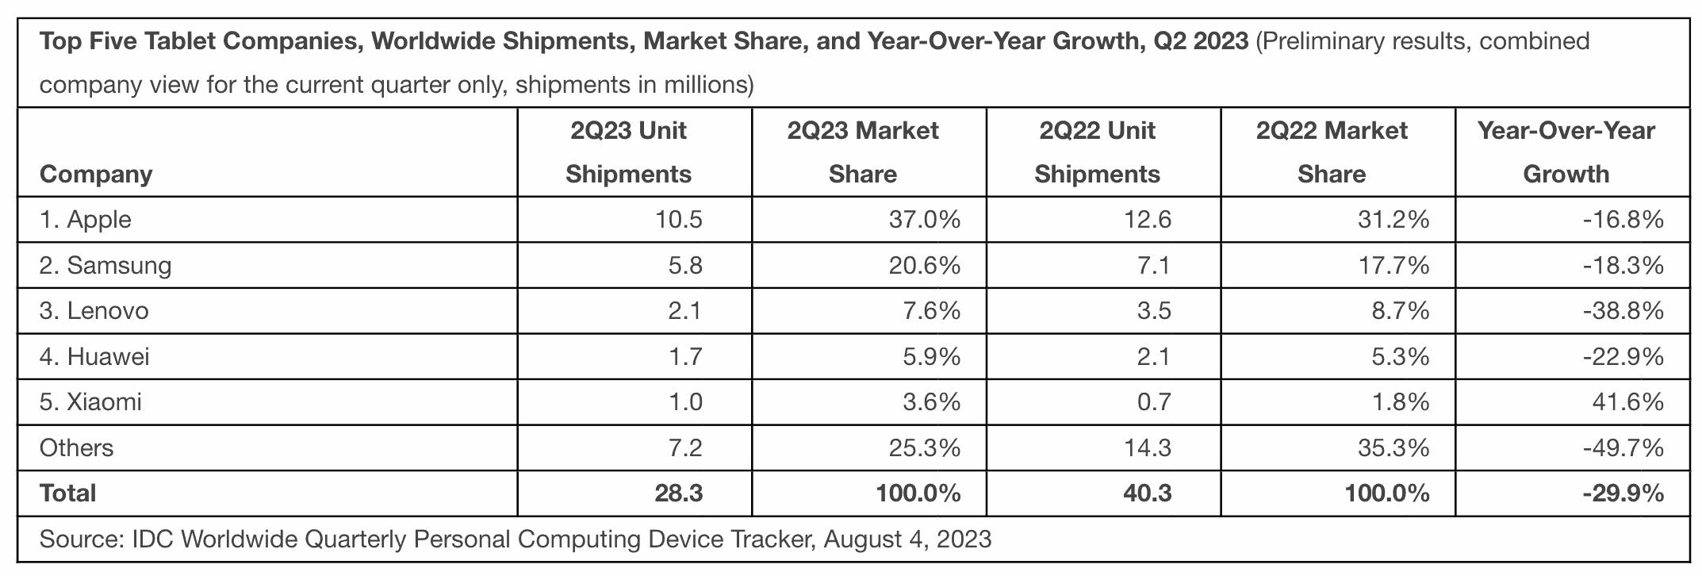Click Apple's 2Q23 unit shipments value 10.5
(679, 220)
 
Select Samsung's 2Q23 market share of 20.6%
(924, 265)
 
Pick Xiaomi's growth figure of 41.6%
(1627, 402)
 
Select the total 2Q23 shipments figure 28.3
(679, 493)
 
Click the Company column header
(96, 175)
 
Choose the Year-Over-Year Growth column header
(1566, 152)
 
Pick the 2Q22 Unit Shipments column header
(1097, 152)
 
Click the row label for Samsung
(105, 265)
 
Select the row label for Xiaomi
(90, 402)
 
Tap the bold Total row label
(68, 493)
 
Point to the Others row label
(77, 448)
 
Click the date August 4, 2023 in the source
(907, 540)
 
